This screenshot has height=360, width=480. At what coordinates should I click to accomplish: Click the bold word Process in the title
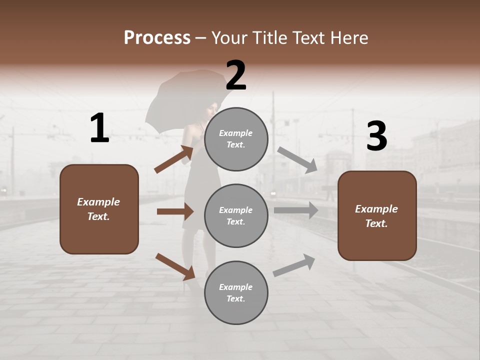(x=157, y=38)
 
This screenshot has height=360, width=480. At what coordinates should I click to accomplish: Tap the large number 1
(x=99, y=128)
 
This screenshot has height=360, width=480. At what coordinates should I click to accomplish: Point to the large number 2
(x=236, y=75)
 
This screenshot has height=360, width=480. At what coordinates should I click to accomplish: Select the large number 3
(x=376, y=137)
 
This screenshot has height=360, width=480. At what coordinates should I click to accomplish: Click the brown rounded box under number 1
(x=99, y=209)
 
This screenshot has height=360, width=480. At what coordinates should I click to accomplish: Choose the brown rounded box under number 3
(x=377, y=215)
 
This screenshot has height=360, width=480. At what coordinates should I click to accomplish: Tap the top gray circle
(x=236, y=138)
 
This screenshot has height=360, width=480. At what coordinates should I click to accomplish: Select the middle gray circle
(x=236, y=215)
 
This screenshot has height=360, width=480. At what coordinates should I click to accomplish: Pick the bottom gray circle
(x=236, y=292)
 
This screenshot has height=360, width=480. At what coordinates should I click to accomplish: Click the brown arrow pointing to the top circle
(x=174, y=159)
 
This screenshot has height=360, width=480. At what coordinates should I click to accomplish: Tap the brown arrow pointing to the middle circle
(x=175, y=211)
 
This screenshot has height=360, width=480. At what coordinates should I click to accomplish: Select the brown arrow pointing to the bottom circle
(x=175, y=266)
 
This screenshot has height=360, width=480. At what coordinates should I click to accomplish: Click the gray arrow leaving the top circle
(x=297, y=159)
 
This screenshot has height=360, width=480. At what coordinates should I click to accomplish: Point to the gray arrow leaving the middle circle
(x=296, y=210)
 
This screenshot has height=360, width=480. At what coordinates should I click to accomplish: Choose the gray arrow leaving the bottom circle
(x=294, y=265)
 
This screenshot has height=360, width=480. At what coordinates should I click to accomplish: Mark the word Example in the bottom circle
(x=236, y=287)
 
